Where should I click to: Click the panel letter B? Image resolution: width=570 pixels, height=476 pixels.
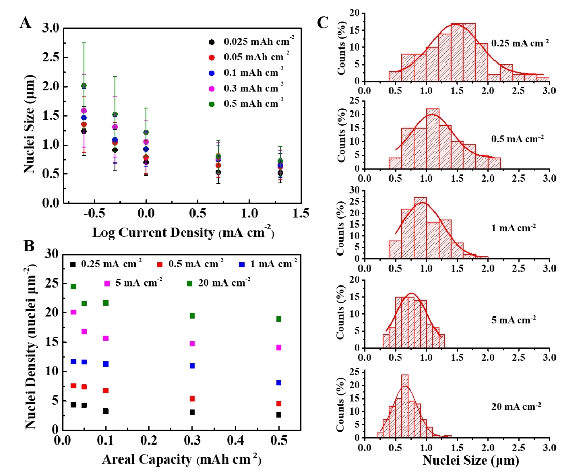pyautogui.click(x=26, y=247)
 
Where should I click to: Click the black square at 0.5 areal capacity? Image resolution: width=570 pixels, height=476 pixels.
pyautogui.click(x=279, y=415)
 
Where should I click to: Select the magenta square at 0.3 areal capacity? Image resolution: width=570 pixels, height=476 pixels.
pyautogui.click(x=192, y=343)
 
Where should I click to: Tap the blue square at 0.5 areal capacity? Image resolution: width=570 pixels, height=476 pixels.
pyautogui.click(x=279, y=383)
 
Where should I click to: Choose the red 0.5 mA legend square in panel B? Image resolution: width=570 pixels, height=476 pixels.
pyautogui.click(x=160, y=264)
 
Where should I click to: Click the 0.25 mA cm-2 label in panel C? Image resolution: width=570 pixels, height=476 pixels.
pyautogui.click(x=519, y=44)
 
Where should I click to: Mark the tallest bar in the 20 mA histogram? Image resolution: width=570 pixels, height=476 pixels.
pyautogui.click(x=404, y=406)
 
